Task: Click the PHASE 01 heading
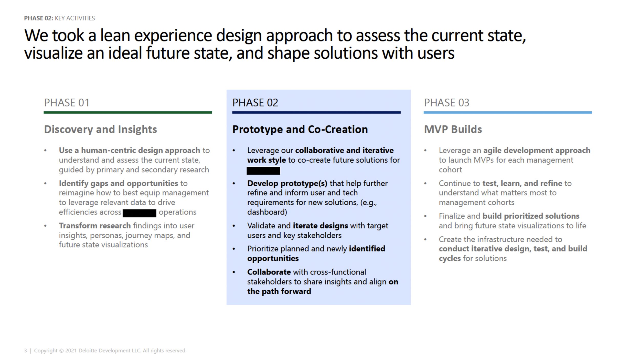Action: (67, 103)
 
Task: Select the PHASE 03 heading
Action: (446, 103)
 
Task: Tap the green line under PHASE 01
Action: (127, 112)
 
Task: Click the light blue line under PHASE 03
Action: (507, 112)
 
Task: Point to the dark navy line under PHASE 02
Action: (316, 112)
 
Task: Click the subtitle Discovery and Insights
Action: (100, 129)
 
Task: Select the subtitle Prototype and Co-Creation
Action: (300, 129)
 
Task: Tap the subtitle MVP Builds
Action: (453, 129)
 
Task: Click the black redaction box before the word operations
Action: (139, 213)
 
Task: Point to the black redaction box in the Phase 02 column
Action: (263, 171)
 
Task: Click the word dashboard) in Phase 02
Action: (267, 212)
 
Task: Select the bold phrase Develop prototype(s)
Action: (287, 183)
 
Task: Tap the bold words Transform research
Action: (95, 226)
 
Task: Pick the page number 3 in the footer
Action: (25, 351)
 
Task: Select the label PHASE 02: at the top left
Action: (38, 18)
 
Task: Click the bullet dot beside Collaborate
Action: (234, 272)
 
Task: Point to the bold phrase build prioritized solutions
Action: (531, 216)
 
